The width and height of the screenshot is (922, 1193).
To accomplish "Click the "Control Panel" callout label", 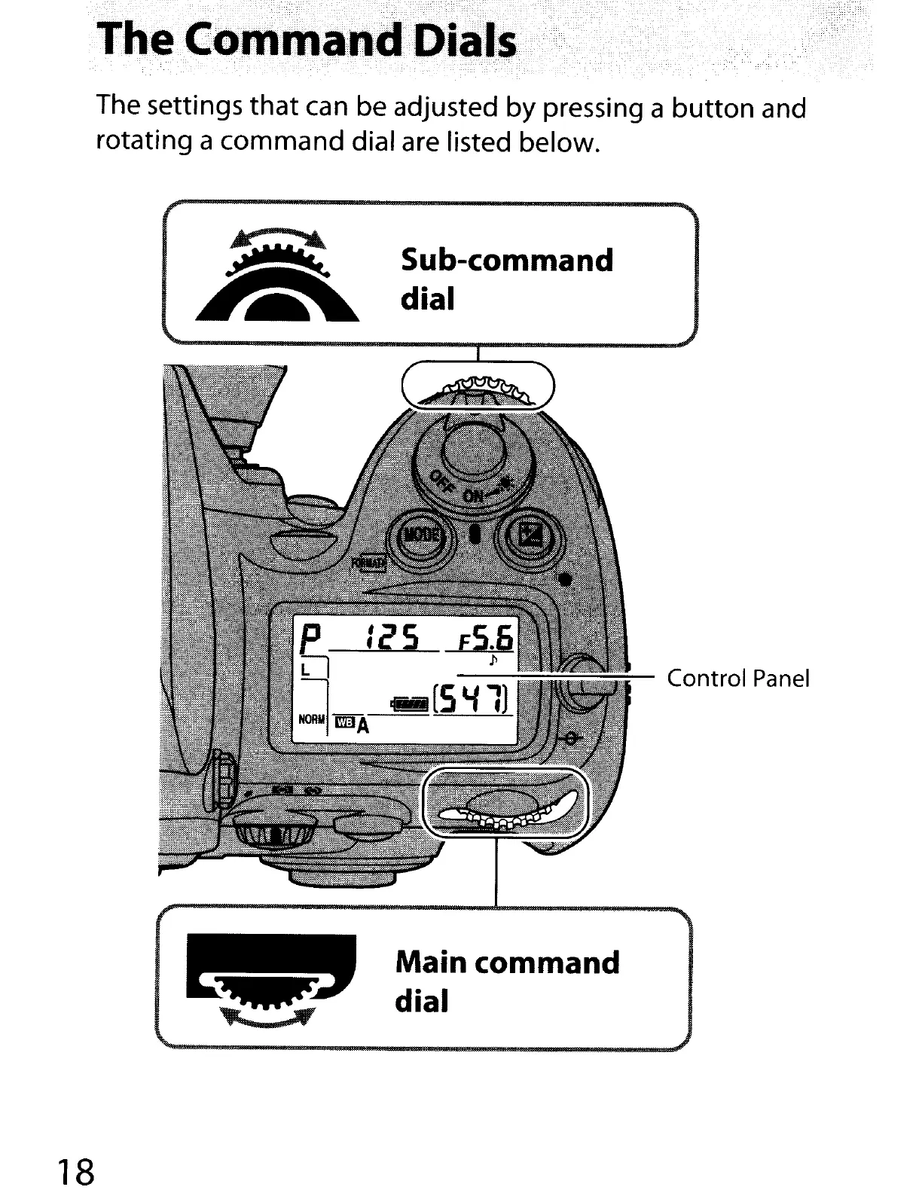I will (x=738, y=679).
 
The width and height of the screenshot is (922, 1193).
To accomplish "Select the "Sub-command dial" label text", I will (x=506, y=279).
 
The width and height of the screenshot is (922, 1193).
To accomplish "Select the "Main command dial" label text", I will (x=507, y=982).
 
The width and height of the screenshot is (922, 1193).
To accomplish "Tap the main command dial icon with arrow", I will (x=270, y=982).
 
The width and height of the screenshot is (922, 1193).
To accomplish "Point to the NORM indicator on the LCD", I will (x=311, y=719).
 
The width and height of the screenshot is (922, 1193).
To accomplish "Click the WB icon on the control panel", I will (x=343, y=723).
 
